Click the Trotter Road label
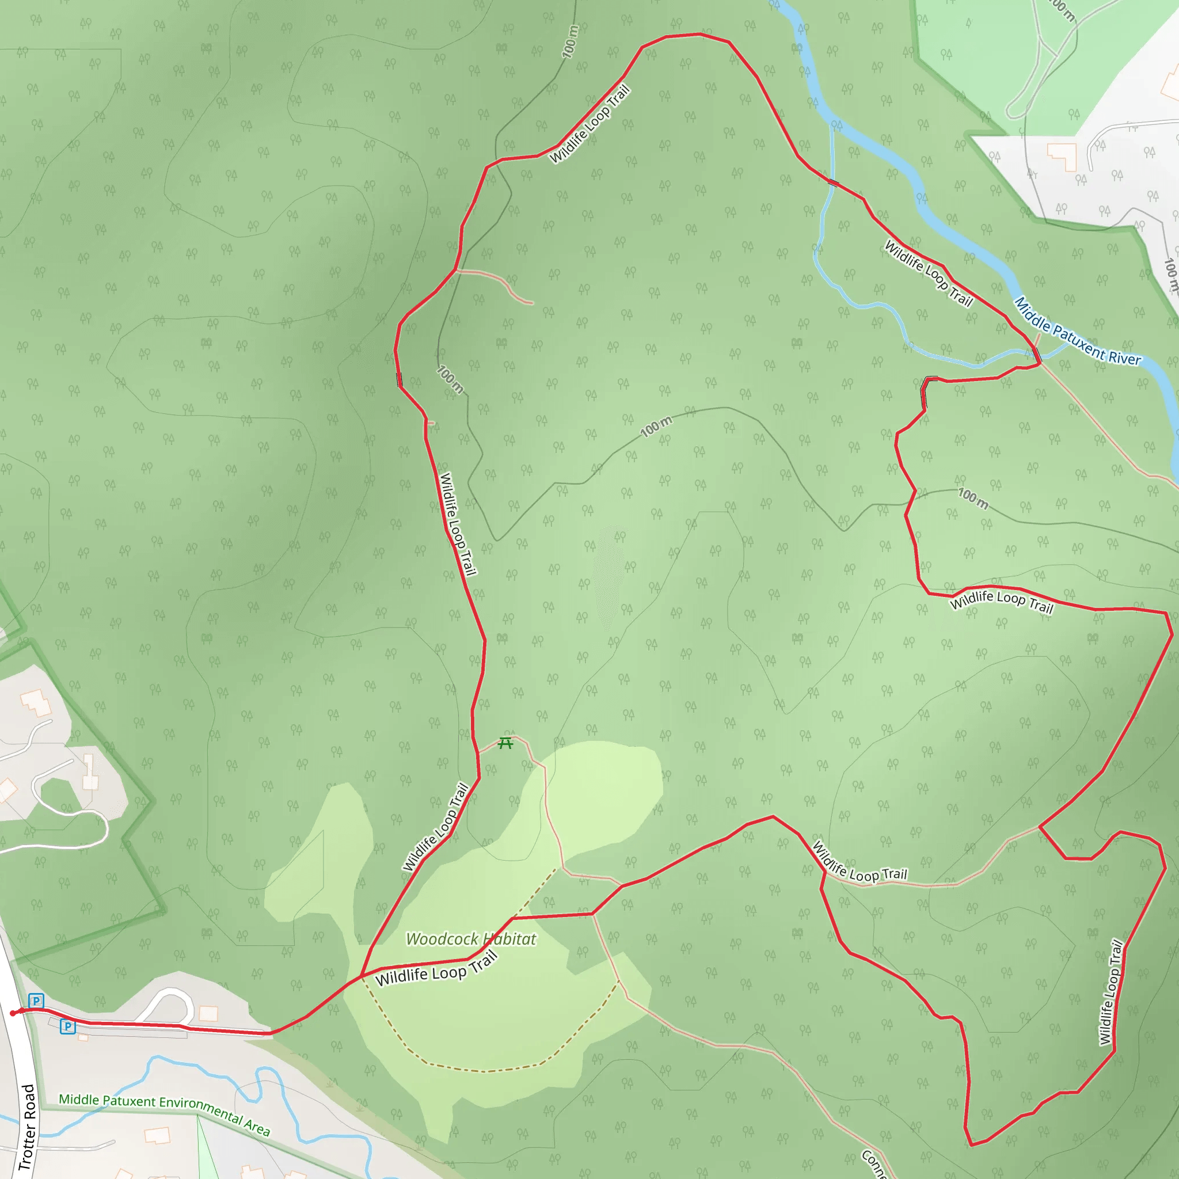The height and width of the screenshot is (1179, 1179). [x=27, y=1127]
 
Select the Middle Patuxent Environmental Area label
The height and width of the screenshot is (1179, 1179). [x=164, y=1114]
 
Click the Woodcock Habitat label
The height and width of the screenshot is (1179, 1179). [x=470, y=938]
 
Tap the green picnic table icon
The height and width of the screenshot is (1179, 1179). [x=505, y=743]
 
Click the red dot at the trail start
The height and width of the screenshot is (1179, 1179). [x=13, y=1014]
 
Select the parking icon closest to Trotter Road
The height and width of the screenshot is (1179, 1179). [x=37, y=1001]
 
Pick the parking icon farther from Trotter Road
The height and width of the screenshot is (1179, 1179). [x=68, y=1026]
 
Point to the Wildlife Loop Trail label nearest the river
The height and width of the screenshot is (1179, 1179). [x=928, y=273]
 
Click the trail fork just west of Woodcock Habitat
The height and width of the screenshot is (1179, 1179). [x=362, y=975]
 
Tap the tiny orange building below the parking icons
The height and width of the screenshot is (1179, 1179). [x=83, y=1037]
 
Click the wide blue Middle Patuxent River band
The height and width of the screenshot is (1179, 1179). [x=952, y=226]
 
